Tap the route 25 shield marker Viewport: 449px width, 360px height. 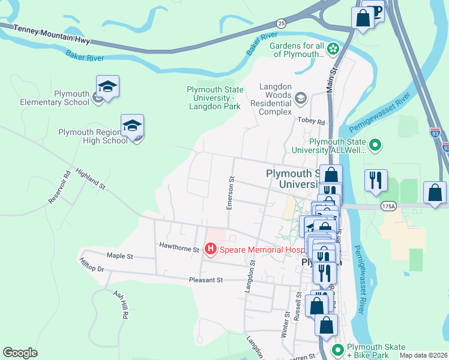(281, 23)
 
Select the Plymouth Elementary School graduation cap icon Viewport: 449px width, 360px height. (107, 88)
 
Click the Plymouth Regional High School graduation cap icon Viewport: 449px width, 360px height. (132, 126)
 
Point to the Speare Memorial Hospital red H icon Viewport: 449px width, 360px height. (210, 248)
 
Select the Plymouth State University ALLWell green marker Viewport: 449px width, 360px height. (375, 145)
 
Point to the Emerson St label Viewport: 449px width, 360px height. (230, 193)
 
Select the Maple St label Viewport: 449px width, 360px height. (119, 256)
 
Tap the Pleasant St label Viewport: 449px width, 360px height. (206, 280)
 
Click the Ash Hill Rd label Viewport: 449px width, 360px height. (121, 304)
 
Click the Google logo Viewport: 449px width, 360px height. (20, 352)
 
